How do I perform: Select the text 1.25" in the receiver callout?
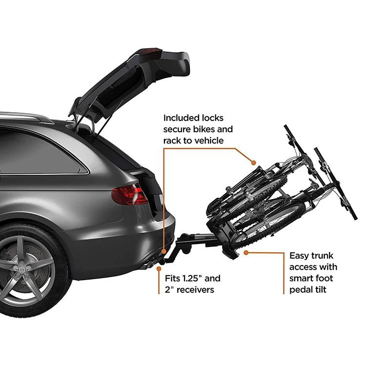pos(192,279)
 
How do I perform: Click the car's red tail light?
pos(129,195)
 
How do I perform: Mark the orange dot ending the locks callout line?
pos(253,162)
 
